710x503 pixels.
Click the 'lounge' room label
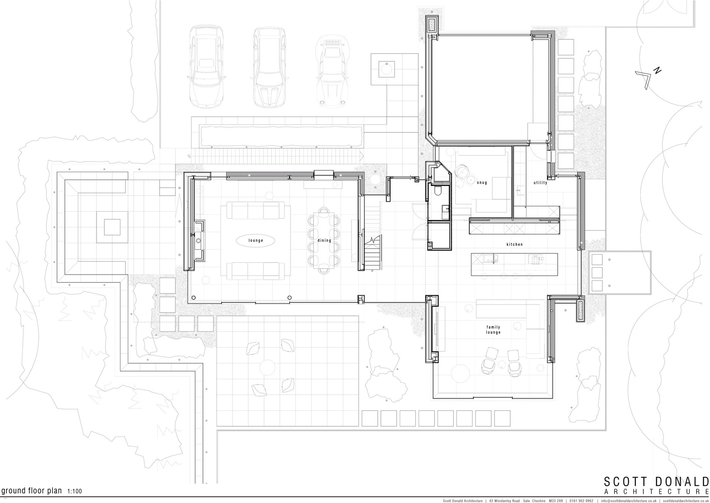click(255, 240)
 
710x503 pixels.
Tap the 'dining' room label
click(324, 240)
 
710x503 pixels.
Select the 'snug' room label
click(482, 182)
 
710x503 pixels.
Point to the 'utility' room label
click(540, 182)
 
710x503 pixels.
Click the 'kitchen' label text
click(515, 244)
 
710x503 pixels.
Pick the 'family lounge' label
click(493, 330)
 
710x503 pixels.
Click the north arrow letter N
click(658, 70)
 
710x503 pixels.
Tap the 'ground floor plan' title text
click(32, 491)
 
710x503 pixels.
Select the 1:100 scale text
click(74, 491)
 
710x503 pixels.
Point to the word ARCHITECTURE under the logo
click(656, 491)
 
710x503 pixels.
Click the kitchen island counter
click(514, 264)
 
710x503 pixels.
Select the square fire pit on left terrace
click(112, 227)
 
